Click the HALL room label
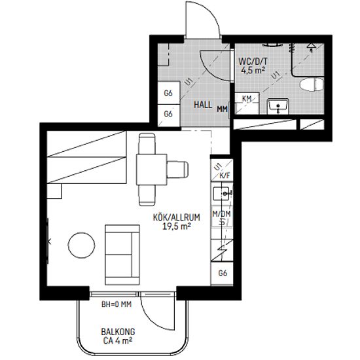click(203, 105)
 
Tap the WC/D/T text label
click(253, 62)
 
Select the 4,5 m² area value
click(253, 70)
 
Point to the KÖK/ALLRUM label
click(176, 217)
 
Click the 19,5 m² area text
click(177, 226)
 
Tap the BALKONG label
click(118, 332)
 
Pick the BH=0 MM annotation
click(117, 304)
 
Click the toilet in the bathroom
click(312, 84)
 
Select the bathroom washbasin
click(278, 107)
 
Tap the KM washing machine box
click(247, 103)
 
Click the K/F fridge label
click(225, 176)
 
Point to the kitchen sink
click(221, 194)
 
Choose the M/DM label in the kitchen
click(221, 214)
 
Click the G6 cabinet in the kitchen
click(223, 274)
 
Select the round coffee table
click(82, 245)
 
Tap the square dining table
click(152, 170)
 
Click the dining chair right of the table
click(177, 170)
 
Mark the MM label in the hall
click(223, 109)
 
